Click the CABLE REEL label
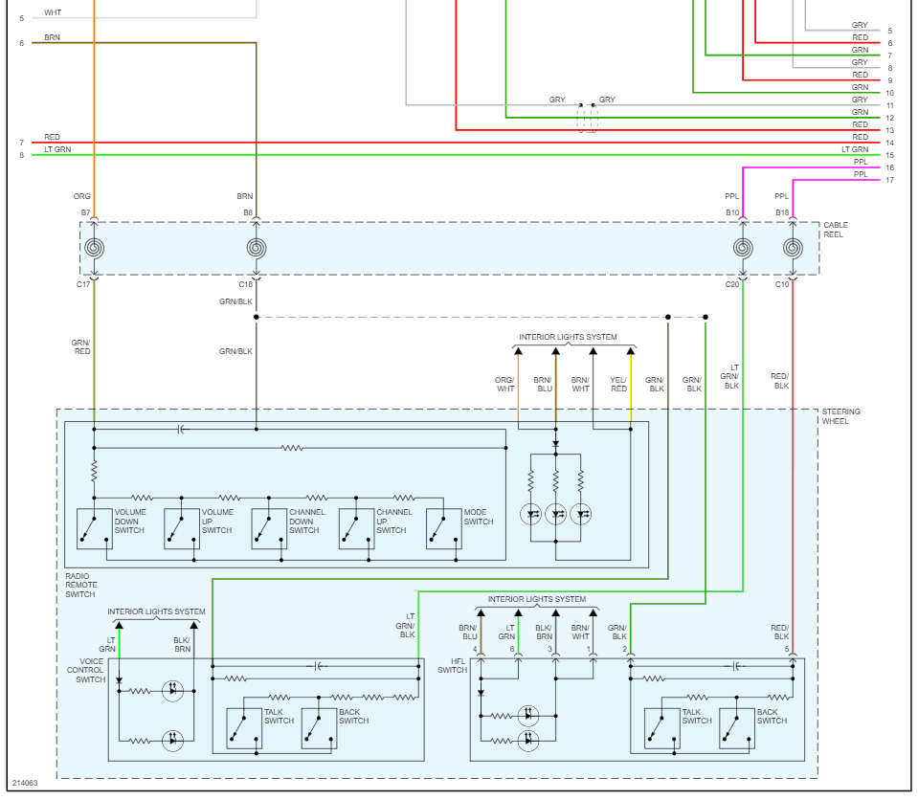click(x=835, y=230)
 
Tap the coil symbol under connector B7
click(x=94, y=248)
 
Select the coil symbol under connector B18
click(x=793, y=248)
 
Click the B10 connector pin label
click(x=732, y=212)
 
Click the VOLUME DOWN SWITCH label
click(x=130, y=522)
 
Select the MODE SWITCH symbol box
click(x=443, y=529)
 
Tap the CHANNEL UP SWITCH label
click(x=392, y=522)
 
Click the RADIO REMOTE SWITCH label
click(x=80, y=585)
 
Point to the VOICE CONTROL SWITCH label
click(x=91, y=671)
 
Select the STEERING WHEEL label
click(x=840, y=416)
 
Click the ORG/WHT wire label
click(x=504, y=384)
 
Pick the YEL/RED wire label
click(x=617, y=384)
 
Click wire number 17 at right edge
click(x=889, y=180)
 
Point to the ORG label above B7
click(x=82, y=196)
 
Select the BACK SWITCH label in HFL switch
click(x=768, y=717)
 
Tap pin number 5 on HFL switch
click(x=787, y=649)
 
